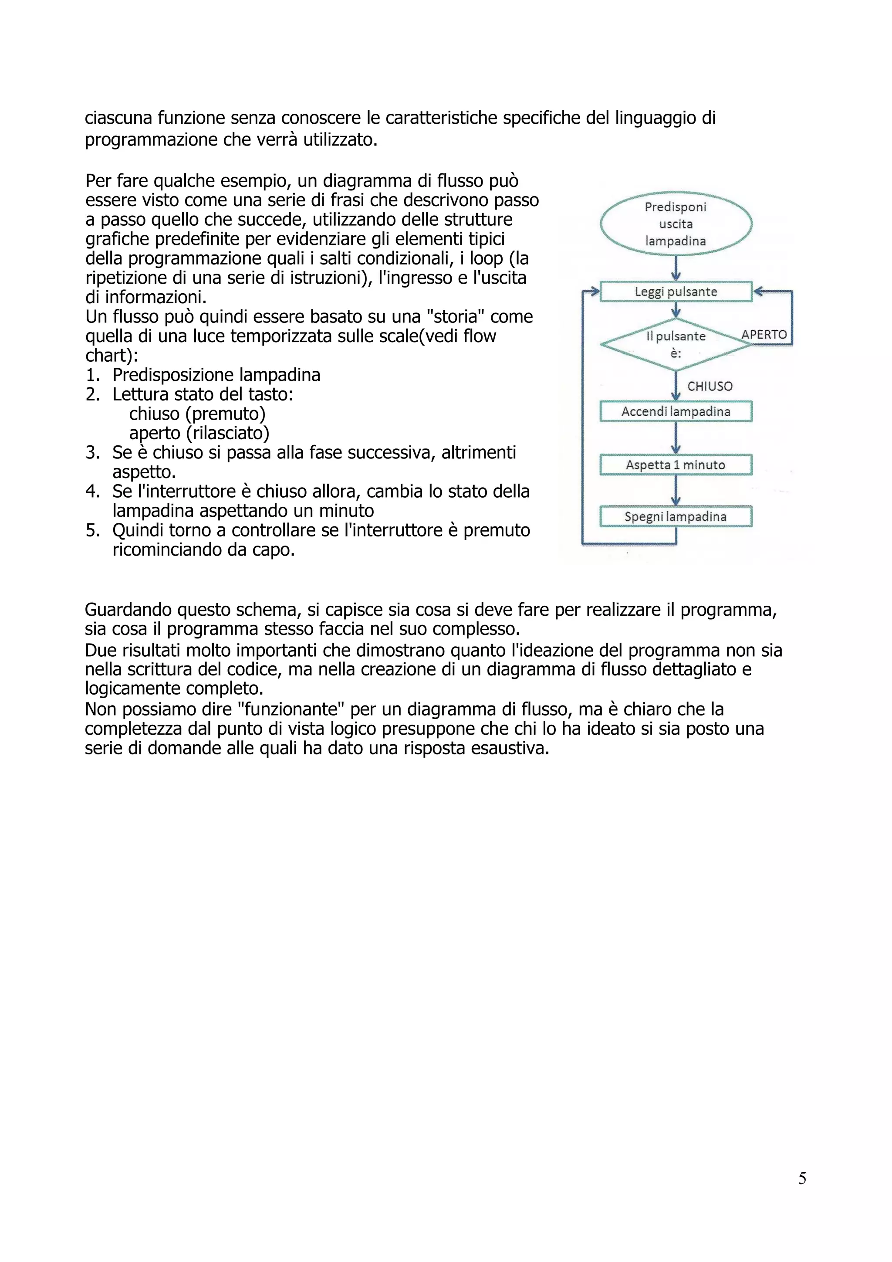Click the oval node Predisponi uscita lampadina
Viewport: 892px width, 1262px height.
point(676,224)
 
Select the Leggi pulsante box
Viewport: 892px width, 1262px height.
point(676,292)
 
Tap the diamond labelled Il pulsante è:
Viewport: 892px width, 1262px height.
point(676,345)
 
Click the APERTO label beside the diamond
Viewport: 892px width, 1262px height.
point(764,335)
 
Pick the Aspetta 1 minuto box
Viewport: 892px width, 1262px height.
point(676,465)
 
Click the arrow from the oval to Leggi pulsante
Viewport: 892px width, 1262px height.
point(676,268)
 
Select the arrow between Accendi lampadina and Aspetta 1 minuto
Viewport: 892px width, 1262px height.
point(676,438)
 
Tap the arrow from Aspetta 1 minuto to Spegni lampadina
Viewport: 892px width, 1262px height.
point(676,490)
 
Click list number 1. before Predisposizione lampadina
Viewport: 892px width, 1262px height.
point(93,375)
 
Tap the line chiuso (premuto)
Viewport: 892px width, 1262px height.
point(197,414)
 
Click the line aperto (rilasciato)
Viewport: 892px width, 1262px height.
point(199,433)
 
